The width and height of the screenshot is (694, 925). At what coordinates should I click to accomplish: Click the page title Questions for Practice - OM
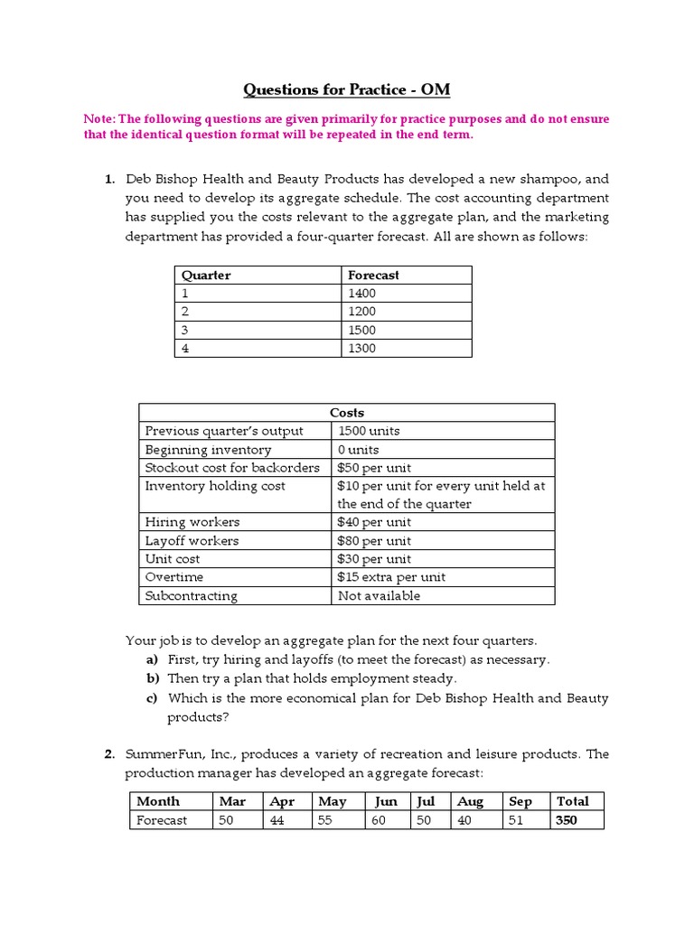pyautogui.click(x=346, y=89)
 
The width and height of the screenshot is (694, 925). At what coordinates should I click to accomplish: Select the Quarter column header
pyautogui.click(x=206, y=275)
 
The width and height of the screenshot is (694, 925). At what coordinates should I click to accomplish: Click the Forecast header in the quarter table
pyautogui.click(x=373, y=275)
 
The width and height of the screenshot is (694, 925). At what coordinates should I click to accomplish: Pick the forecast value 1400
pyautogui.click(x=361, y=294)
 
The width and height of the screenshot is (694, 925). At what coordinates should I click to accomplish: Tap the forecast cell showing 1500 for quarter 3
pyautogui.click(x=361, y=330)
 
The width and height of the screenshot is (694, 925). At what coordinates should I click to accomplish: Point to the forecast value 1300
pyautogui.click(x=361, y=349)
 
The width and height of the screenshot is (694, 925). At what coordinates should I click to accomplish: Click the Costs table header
pyautogui.click(x=347, y=413)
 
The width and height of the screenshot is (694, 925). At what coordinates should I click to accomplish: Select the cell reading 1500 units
pyautogui.click(x=369, y=431)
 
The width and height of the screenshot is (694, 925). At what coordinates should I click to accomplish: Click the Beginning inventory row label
pyautogui.click(x=208, y=450)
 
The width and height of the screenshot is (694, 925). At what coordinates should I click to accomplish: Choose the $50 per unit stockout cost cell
pyautogui.click(x=374, y=468)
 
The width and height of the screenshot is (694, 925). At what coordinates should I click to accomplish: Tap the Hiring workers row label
pyautogui.click(x=192, y=522)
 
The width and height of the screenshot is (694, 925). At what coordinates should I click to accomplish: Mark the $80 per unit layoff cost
pyautogui.click(x=374, y=541)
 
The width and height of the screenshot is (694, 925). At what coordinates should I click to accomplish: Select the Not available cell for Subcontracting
pyautogui.click(x=379, y=596)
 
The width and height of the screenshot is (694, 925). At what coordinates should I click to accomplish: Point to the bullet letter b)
pyautogui.click(x=151, y=678)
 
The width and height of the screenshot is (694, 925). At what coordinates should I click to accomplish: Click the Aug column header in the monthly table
pyautogui.click(x=470, y=801)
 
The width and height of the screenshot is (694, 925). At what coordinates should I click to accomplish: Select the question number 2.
pyautogui.click(x=108, y=754)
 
